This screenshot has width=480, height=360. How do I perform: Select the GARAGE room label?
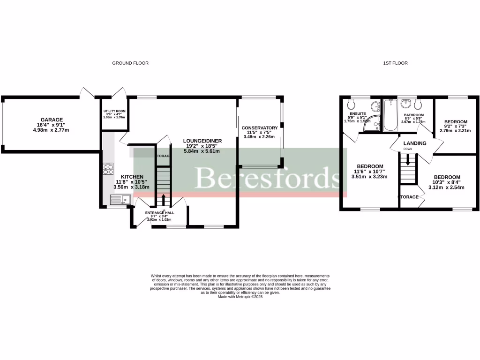tap(52, 120)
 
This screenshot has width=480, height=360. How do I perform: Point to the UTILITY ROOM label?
tap(115, 111)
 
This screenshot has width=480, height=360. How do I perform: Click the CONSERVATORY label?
tap(260, 128)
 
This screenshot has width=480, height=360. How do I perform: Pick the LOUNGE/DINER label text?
tap(202, 141)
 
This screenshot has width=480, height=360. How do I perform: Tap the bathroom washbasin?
tap(407, 103)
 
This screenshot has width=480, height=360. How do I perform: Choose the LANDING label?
tap(415, 143)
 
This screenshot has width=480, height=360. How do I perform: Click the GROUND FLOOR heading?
tap(130, 63)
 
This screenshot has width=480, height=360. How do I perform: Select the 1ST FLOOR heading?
tap(395, 63)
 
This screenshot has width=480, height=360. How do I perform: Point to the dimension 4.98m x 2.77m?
tap(52, 130)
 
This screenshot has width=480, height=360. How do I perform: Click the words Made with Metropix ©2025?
tap(240, 297)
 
